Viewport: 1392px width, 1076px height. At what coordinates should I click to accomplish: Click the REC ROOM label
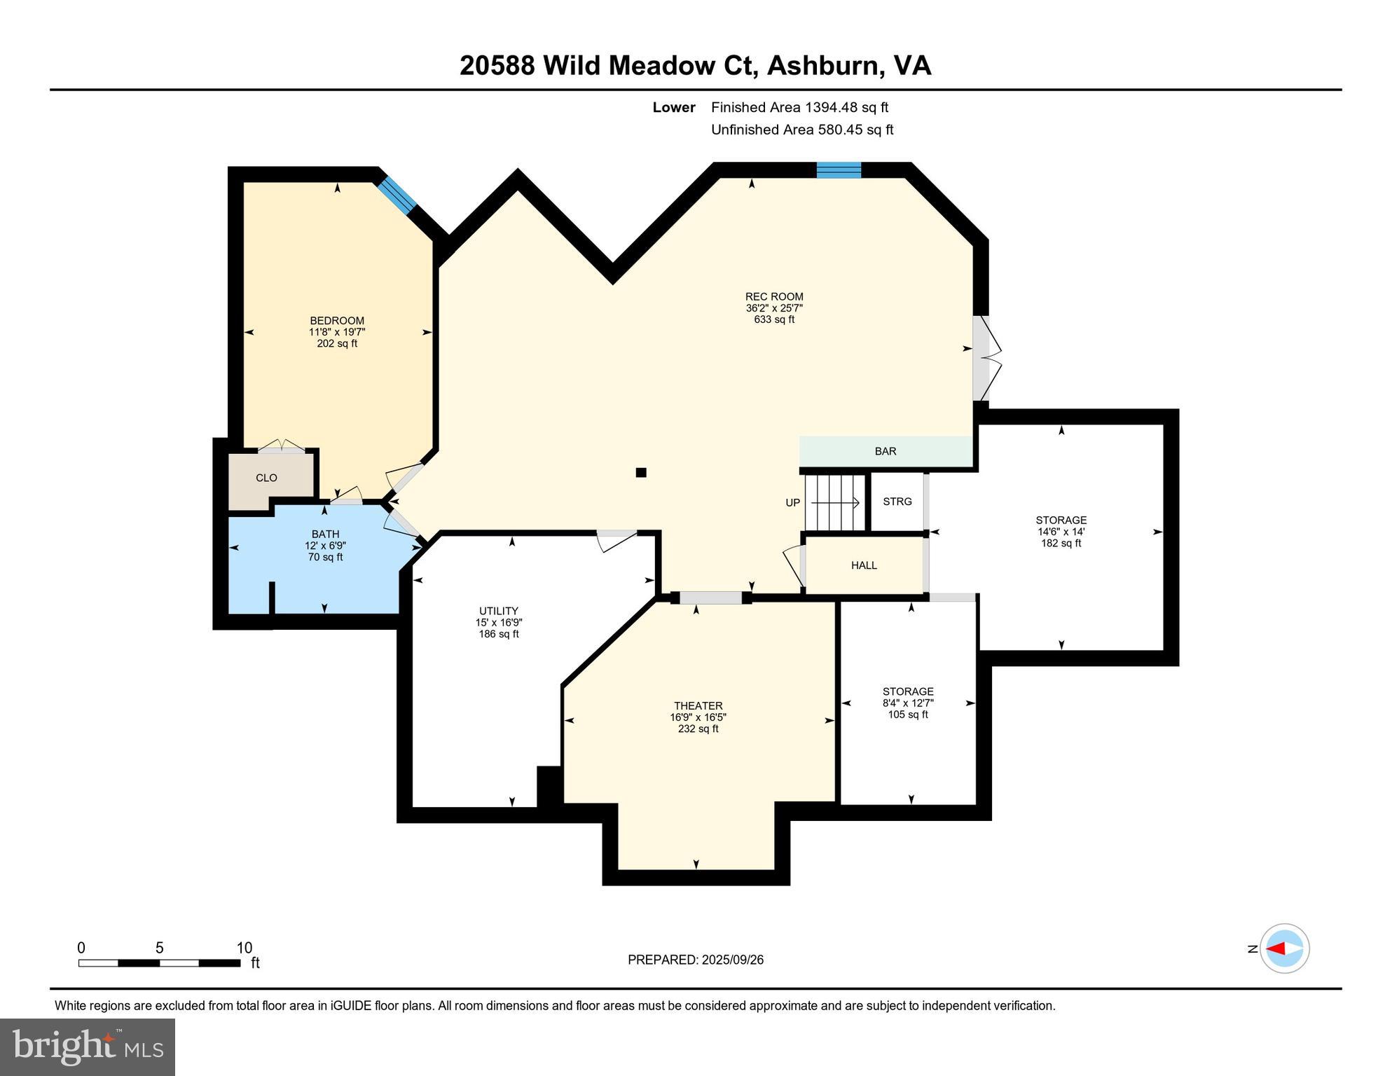click(x=773, y=296)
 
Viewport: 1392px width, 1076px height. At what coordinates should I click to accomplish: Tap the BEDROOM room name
click(x=337, y=321)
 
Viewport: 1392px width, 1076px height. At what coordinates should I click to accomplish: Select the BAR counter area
click(x=885, y=451)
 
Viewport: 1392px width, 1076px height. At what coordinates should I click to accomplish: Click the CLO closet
click(x=266, y=478)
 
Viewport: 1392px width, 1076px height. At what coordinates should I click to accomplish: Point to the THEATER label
click(x=698, y=705)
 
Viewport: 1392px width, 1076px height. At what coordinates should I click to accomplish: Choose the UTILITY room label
click(x=498, y=611)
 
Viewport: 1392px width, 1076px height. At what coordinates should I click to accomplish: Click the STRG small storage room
click(x=897, y=502)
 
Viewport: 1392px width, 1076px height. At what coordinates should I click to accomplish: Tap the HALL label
click(x=864, y=565)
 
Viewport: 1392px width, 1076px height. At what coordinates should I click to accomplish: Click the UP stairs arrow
click(x=834, y=502)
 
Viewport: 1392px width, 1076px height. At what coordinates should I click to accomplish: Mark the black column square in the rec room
click(x=640, y=473)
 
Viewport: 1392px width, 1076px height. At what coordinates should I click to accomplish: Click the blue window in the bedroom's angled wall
click(x=398, y=195)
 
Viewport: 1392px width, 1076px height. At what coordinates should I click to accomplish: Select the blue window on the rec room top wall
click(x=839, y=170)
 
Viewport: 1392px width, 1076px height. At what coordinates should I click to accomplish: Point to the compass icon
click(x=1284, y=949)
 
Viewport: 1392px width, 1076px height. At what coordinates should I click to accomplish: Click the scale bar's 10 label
click(x=244, y=948)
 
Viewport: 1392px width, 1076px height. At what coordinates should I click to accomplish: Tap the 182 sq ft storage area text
click(x=1061, y=543)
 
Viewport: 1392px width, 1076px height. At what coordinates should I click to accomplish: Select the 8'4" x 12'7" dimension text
click(x=908, y=703)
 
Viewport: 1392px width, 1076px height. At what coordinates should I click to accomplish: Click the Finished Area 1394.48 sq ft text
click(x=799, y=107)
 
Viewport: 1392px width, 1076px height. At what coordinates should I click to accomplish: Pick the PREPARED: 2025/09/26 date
click(x=695, y=960)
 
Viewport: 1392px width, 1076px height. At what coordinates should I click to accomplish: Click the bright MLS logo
click(x=88, y=1047)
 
